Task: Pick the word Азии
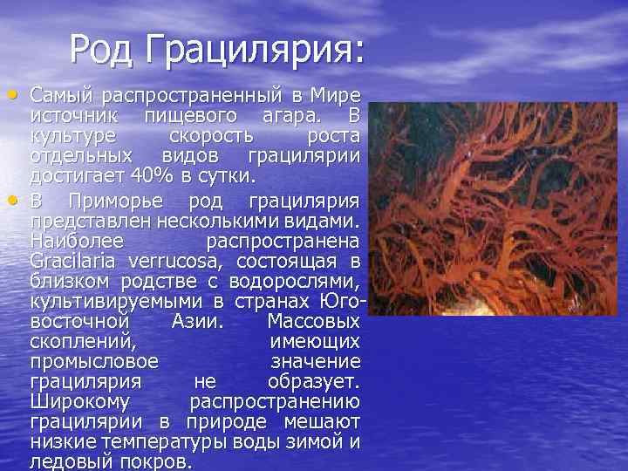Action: coord(193,321)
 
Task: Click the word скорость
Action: coord(210,137)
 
